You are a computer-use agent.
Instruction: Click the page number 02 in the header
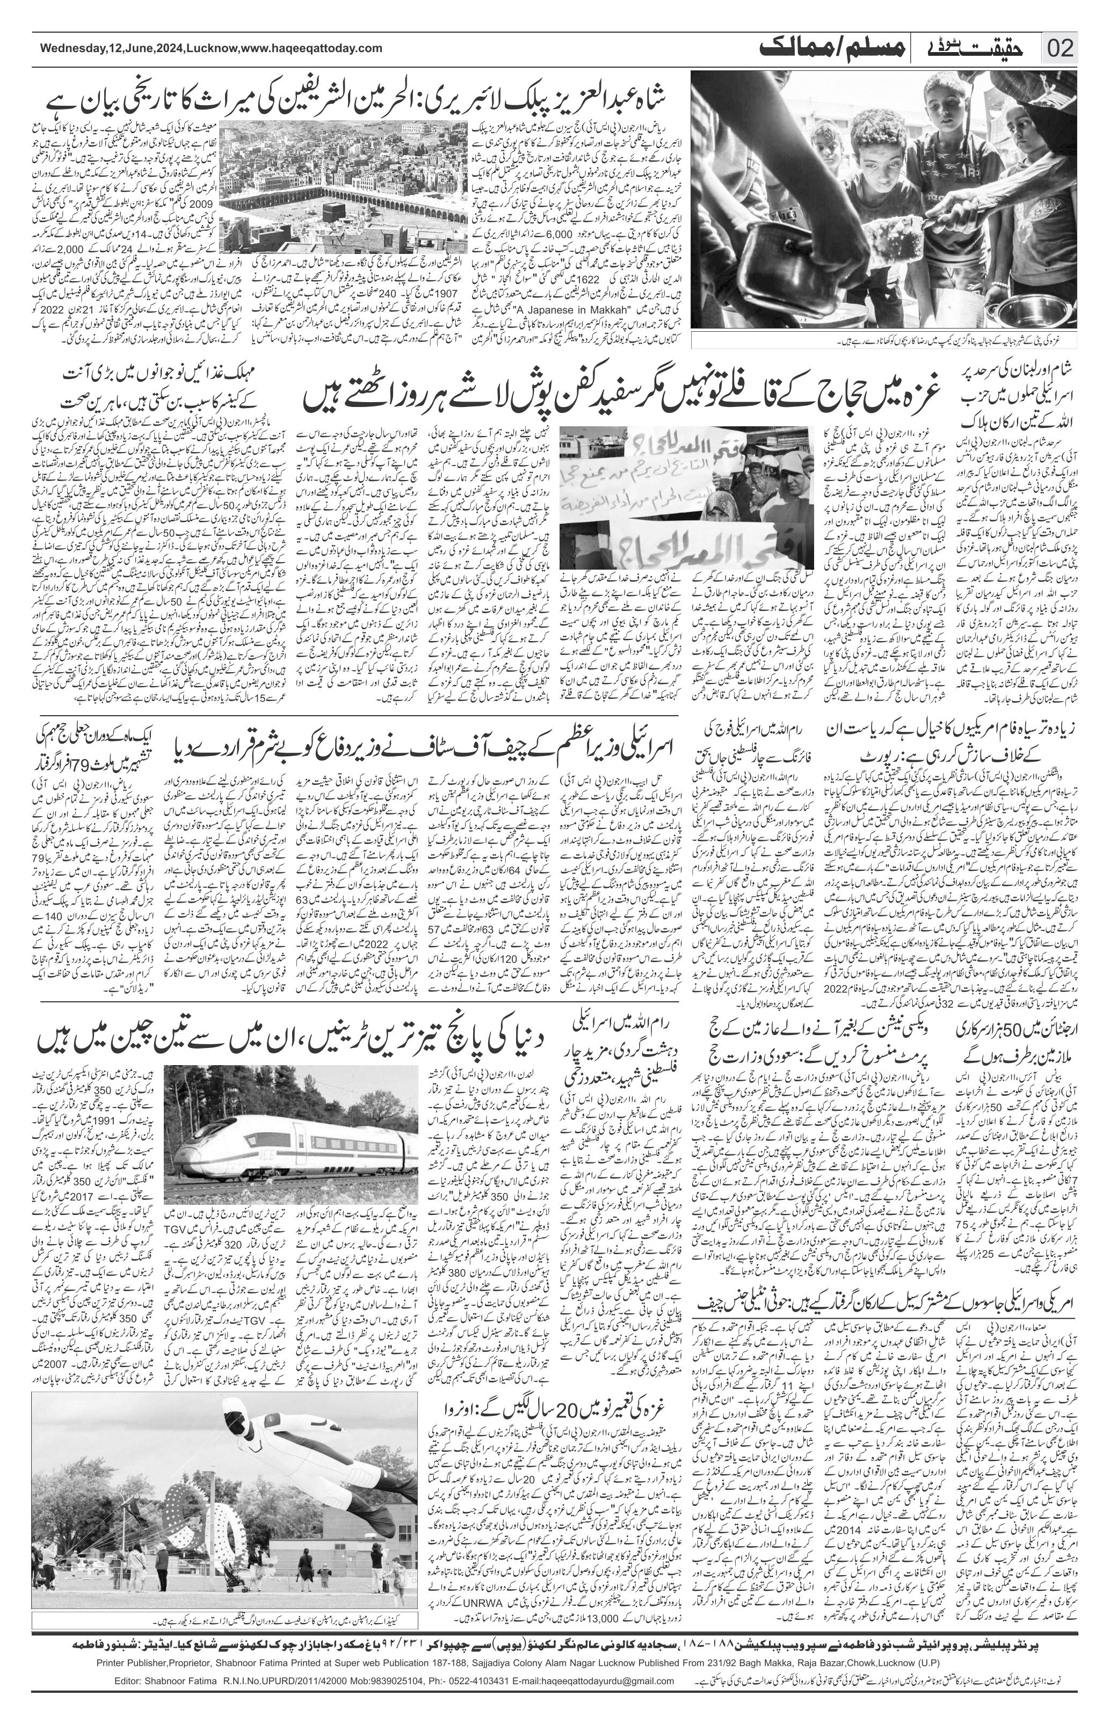pyautogui.click(x=1061, y=49)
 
